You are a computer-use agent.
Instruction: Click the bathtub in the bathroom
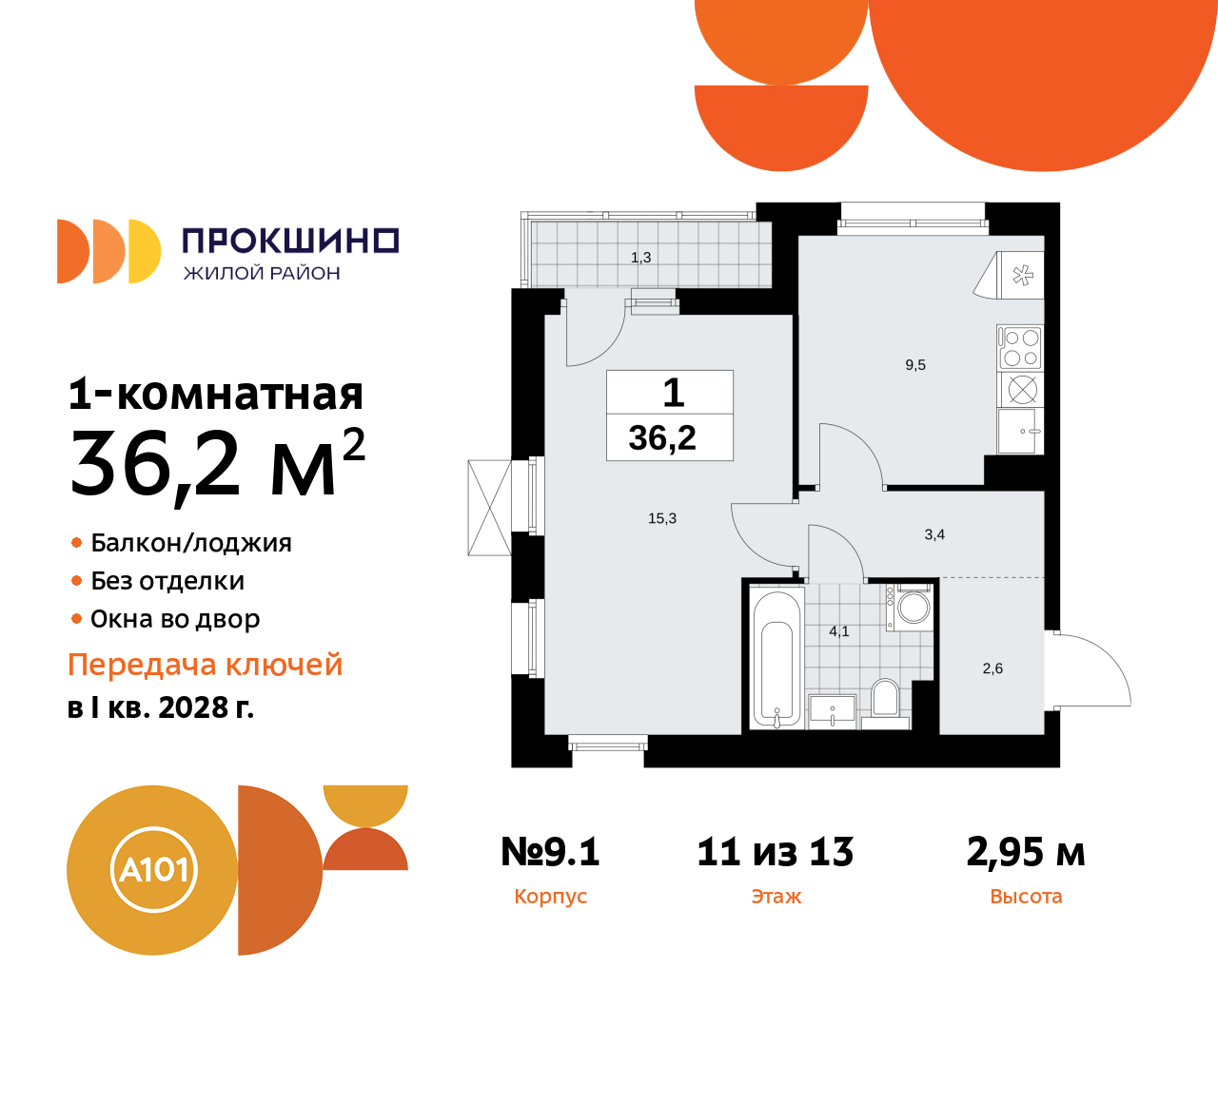(776, 658)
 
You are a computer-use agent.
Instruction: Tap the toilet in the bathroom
(885, 698)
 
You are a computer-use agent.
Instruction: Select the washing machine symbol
(914, 608)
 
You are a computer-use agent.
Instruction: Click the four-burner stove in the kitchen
(1020, 347)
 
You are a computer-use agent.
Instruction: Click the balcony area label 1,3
(640, 258)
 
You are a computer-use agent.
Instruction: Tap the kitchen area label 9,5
(915, 365)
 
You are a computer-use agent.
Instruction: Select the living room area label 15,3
(662, 518)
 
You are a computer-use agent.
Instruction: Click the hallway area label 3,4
(934, 534)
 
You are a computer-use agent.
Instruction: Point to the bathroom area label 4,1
(838, 631)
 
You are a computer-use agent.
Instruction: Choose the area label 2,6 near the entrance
(992, 668)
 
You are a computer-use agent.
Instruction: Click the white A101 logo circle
(153, 869)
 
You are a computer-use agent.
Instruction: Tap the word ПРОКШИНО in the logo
(290, 241)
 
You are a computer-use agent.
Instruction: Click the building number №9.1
(550, 852)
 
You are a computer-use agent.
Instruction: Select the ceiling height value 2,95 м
(1026, 852)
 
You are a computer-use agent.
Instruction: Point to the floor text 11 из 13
(776, 852)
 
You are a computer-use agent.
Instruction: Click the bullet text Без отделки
(167, 581)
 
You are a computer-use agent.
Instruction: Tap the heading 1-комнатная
(216, 394)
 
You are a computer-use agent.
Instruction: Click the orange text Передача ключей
(206, 665)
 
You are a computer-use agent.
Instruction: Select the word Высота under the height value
(1026, 897)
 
